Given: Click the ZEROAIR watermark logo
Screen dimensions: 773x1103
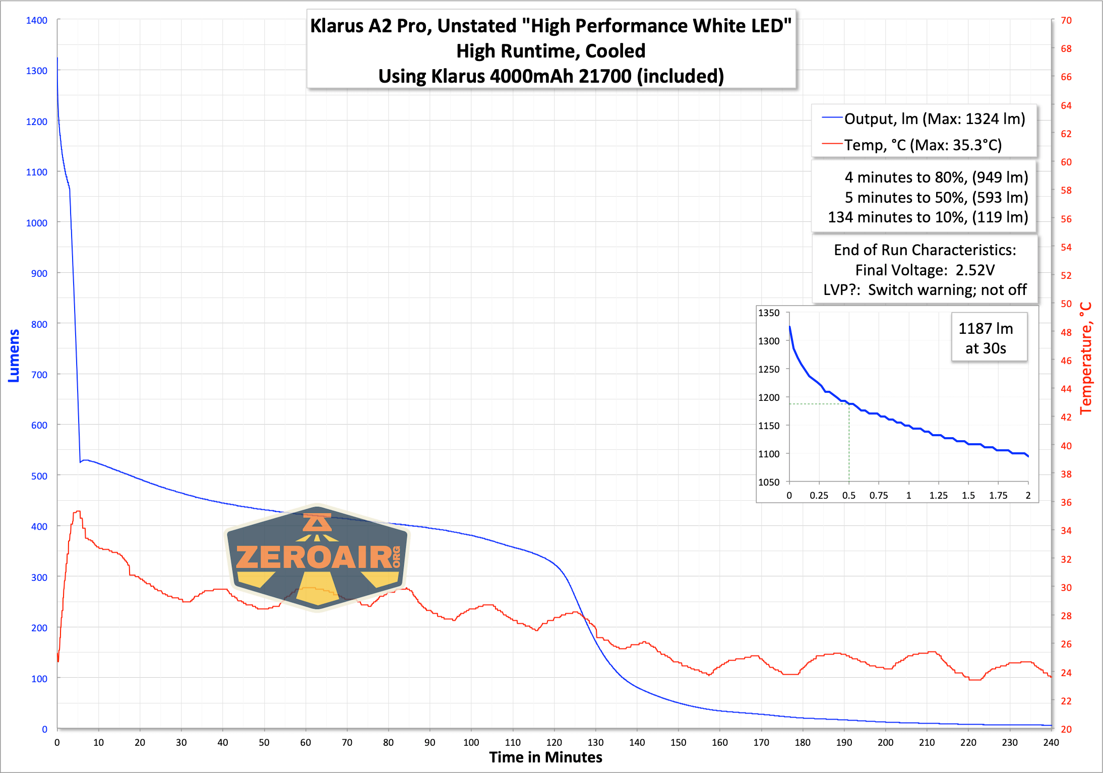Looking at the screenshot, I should click(317, 557).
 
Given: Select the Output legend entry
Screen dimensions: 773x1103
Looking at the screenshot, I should click(924, 119).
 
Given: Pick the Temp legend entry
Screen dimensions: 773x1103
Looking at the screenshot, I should click(912, 145).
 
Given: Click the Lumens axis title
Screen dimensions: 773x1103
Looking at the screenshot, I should click(14, 355).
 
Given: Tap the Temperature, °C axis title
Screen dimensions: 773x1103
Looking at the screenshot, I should click(1086, 358).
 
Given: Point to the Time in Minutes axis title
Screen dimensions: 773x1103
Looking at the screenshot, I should click(545, 757).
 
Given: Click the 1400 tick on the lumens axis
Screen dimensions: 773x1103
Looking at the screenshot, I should click(37, 21).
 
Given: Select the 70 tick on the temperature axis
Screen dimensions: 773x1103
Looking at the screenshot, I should click(1066, 21).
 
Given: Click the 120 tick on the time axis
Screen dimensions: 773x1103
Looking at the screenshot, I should click(554, 742).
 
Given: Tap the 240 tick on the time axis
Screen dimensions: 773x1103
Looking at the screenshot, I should click(1051, 742).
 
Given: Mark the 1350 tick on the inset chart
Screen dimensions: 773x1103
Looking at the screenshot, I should click(769, 313).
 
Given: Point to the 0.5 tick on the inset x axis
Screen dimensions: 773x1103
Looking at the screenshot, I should click(849, 496).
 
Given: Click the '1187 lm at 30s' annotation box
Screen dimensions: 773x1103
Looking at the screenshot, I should click(986, 338).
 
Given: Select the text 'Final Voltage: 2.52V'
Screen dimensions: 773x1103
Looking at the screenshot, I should click(925, 270).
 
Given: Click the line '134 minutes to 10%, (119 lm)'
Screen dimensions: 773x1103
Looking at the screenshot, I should click(928, 217).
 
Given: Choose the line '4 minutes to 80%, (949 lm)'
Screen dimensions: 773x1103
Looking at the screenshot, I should click(936, 177).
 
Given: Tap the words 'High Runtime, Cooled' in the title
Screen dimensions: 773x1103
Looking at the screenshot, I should click(551, 51).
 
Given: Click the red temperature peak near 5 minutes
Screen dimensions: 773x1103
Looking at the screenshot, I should click(77, 511).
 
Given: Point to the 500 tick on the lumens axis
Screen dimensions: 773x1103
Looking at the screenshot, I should click(39, 476).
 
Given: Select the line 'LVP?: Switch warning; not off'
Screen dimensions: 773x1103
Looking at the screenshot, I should click(925, 290).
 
